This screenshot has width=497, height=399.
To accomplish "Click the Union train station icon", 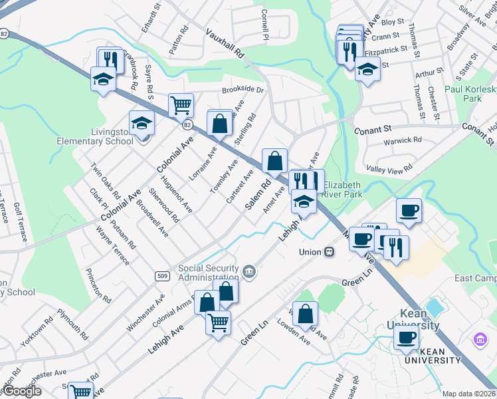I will (328, 252).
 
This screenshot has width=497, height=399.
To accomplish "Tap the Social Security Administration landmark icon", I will (248, 271).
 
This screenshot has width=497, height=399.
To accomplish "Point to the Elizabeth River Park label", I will (343, 190).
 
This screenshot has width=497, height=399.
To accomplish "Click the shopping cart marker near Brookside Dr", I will (181, 105).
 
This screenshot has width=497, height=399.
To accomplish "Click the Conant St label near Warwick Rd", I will (374, 130).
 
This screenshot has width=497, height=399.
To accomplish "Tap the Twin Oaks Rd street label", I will (105, 182).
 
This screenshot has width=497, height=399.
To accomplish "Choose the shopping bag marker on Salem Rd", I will (274, 161).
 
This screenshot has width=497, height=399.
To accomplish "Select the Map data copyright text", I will (469, 394).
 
